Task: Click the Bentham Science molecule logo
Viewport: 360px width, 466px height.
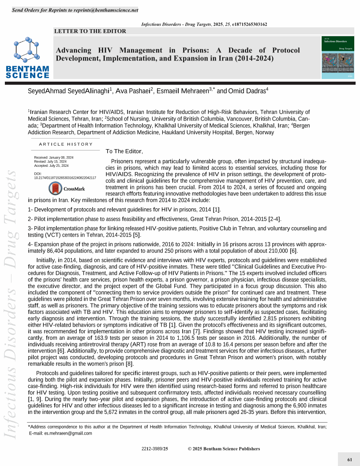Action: (x=27, y=50)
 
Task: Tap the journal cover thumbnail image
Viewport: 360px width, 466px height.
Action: (x=338, y=57)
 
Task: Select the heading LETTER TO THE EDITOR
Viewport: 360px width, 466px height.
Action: (x=90, y=31)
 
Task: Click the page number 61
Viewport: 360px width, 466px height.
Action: (x=349, y=460)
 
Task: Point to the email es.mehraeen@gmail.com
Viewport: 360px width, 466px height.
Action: (x=68, y=433)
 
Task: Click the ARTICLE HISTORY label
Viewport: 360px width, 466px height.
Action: (x=66, y=144)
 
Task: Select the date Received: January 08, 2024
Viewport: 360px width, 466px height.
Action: (x=54, y=158)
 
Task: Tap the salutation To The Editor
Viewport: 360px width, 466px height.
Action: (x=124, y=151)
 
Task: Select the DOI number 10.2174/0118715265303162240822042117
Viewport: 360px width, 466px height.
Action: (x=65, y=178)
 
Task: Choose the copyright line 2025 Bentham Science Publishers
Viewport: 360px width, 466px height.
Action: (x=224, y=449)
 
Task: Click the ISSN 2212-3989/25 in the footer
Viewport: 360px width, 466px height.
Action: (x=155, y=449)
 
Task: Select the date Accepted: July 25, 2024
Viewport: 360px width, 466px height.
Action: (x=51, y=165)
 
